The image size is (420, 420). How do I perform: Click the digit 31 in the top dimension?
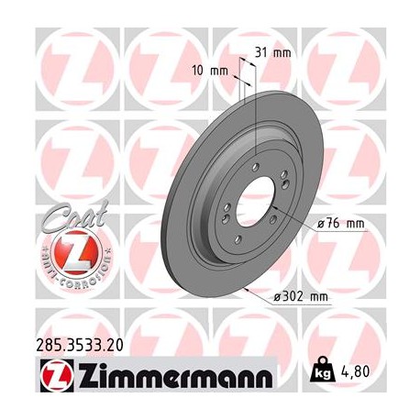[265, 52]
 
